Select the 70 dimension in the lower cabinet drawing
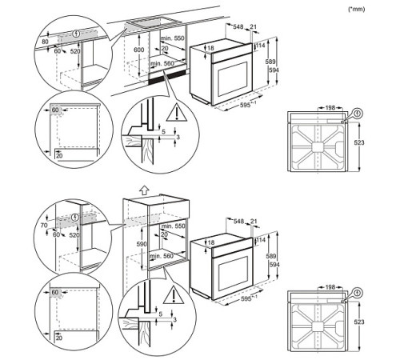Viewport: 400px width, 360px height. click(45, 226)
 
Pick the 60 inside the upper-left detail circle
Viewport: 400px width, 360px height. click(55, 108)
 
